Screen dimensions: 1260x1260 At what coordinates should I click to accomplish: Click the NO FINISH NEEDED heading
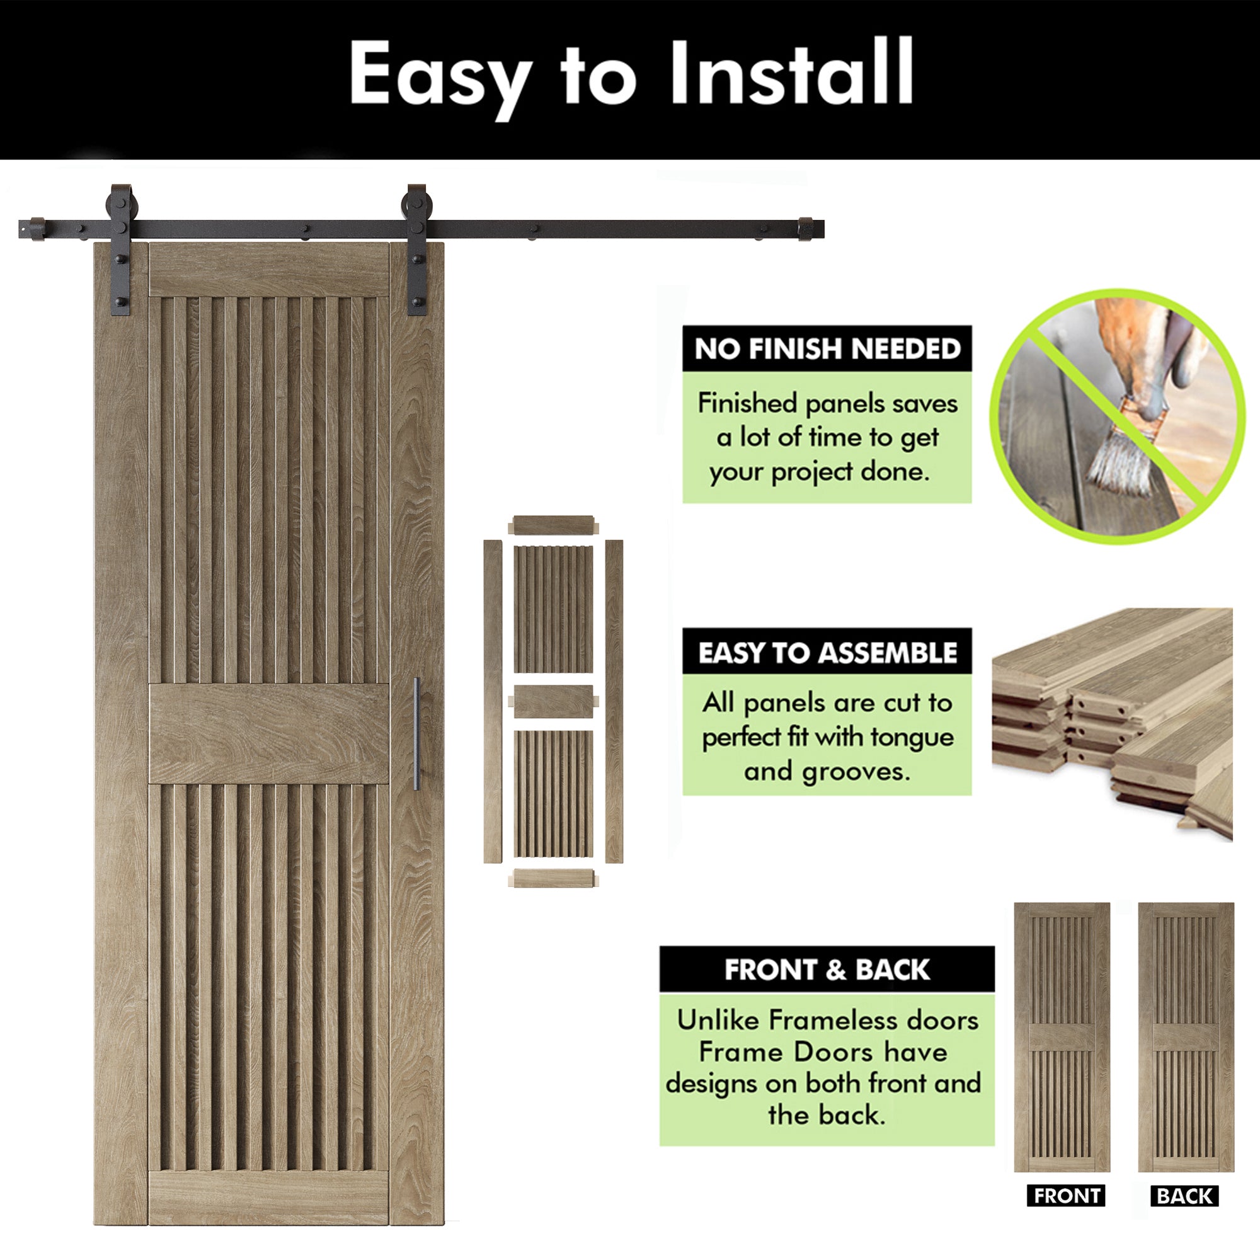tap(827, 349)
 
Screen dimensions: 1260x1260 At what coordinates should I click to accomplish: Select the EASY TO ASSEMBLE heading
tap(827, 653)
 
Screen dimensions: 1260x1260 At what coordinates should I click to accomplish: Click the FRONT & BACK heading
tap(827, 970)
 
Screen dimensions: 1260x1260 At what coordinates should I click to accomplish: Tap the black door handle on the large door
tap(416, 734)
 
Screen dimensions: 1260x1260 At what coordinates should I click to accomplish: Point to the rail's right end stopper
tap(806, 229)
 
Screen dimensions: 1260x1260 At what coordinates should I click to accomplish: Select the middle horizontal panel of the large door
tap(269, 733)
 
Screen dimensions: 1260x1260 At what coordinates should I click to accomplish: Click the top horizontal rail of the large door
tap(269, 270)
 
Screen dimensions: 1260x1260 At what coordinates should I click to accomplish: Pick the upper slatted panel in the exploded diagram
tap(553, 610)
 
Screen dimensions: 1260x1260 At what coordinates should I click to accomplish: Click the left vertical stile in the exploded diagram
tap(493, 701)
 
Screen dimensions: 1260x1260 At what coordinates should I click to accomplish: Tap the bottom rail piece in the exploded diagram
tap(553, 878)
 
